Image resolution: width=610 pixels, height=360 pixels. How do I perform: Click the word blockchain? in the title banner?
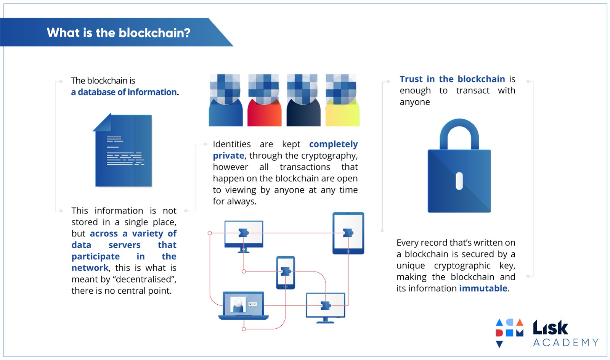click(154, 33)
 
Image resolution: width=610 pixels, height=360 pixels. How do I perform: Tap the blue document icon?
click(122, 150)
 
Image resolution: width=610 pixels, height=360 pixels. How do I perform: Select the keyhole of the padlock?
click(459, 181)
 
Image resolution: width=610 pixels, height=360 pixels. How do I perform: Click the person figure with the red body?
click(264, 100)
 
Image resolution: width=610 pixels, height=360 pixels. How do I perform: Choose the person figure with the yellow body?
click(342, 100)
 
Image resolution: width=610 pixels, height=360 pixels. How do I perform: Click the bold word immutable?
click(483, 288)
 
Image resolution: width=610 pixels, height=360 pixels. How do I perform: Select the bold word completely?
click(333, 144)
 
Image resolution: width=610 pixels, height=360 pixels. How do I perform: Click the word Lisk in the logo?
click(551, 327)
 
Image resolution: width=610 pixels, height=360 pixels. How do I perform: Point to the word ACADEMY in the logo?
click(566, 342)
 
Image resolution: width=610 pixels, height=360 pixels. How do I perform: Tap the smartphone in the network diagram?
click(286, 272)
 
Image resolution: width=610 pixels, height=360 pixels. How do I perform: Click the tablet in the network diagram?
click(348, 233)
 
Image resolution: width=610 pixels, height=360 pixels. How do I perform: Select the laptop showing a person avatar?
click(244, 305)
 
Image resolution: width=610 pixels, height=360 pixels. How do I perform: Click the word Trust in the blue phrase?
click(411, 79)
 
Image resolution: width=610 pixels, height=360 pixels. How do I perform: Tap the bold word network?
click(90, 268)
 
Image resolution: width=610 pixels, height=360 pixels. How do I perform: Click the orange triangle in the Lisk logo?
click(520, 322)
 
